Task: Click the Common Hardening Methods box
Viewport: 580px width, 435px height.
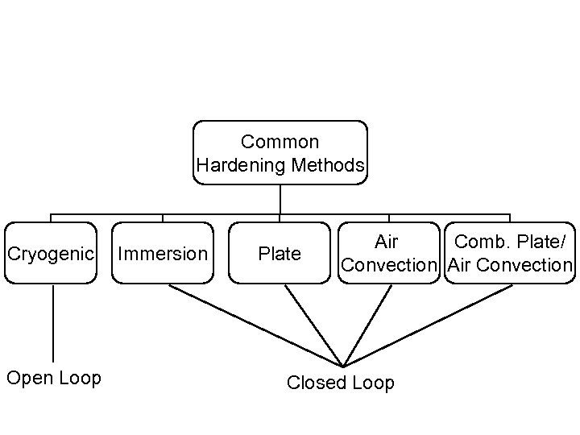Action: pos(280,153)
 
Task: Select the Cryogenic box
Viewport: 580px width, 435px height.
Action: pos(51,254)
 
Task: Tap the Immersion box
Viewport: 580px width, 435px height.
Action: pos(163,254)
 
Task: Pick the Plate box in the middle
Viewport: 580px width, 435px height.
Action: pos(280,254)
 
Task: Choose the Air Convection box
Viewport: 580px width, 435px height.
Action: pos(389,254)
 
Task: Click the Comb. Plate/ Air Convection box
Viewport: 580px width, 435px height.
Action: pos(510,254)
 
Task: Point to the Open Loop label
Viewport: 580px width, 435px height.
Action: pos(54,378)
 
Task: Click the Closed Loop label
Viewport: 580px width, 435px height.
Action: pos(341,383)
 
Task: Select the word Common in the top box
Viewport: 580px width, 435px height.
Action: pos(280,142)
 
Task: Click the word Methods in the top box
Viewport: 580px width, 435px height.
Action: pos(329,166)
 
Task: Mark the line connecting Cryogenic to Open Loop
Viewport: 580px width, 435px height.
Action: pos(53,322)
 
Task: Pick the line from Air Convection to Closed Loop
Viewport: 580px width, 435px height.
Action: pos(362,325)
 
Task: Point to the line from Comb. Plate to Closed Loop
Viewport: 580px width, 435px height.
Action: pos(427,325)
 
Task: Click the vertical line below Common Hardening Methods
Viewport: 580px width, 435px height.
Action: pos(280,200)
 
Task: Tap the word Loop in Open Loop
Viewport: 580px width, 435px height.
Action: pos(80,378)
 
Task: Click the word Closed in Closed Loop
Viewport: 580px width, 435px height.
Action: pos(314,383)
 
